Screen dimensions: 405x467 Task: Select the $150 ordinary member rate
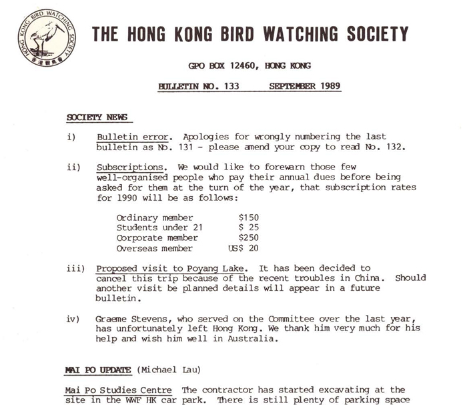248,218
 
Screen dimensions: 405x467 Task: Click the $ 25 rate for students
248,228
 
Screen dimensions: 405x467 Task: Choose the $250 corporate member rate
248,238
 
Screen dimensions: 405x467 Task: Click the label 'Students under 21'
159,228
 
